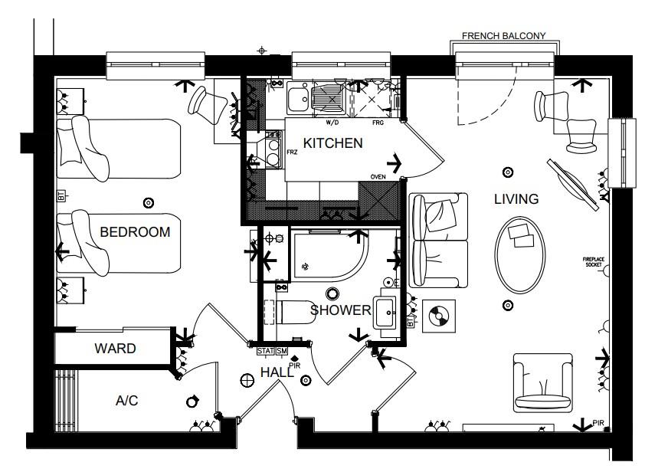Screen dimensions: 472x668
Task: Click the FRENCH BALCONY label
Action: pos(503,36)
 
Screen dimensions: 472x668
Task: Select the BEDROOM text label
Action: pos(135,231)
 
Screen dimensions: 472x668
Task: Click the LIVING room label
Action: pos(516,199)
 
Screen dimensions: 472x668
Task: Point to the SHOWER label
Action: pos(341,310)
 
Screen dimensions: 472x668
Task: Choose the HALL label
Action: pos(277,371)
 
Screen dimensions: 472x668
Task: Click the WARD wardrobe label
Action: pos(115,349)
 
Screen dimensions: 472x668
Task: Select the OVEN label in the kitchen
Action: pos(377,177)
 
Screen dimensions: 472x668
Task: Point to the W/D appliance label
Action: pos(332,122)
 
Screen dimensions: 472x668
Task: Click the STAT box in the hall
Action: pos(265,352)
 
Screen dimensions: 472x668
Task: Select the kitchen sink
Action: pos(297,97)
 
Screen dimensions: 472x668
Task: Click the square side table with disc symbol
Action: pos(438,313)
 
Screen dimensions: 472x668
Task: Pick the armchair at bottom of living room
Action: pos(542,381)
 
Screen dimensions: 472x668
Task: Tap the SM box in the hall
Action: pos(281,352)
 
